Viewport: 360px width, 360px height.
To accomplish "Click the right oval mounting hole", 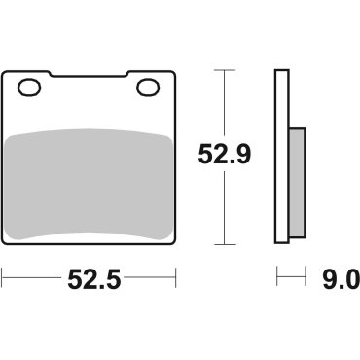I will (x=149, y=90).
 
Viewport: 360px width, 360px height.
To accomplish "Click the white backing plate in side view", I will (x=282, y=156).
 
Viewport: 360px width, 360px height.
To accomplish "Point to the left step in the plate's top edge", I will (x=48, y=74).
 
